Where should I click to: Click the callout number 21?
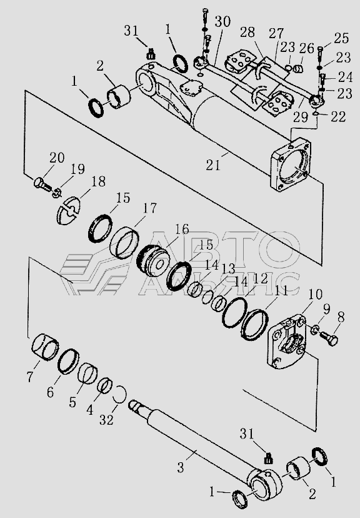(213, 165)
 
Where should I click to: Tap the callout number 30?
(222, 22)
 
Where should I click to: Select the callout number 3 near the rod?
(180, 467)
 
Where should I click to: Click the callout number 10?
(316, 295)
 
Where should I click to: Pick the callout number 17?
(149, 208)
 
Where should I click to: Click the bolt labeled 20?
(42, 183)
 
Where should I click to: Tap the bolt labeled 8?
(329, 337)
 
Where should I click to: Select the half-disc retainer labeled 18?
(68, 210)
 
